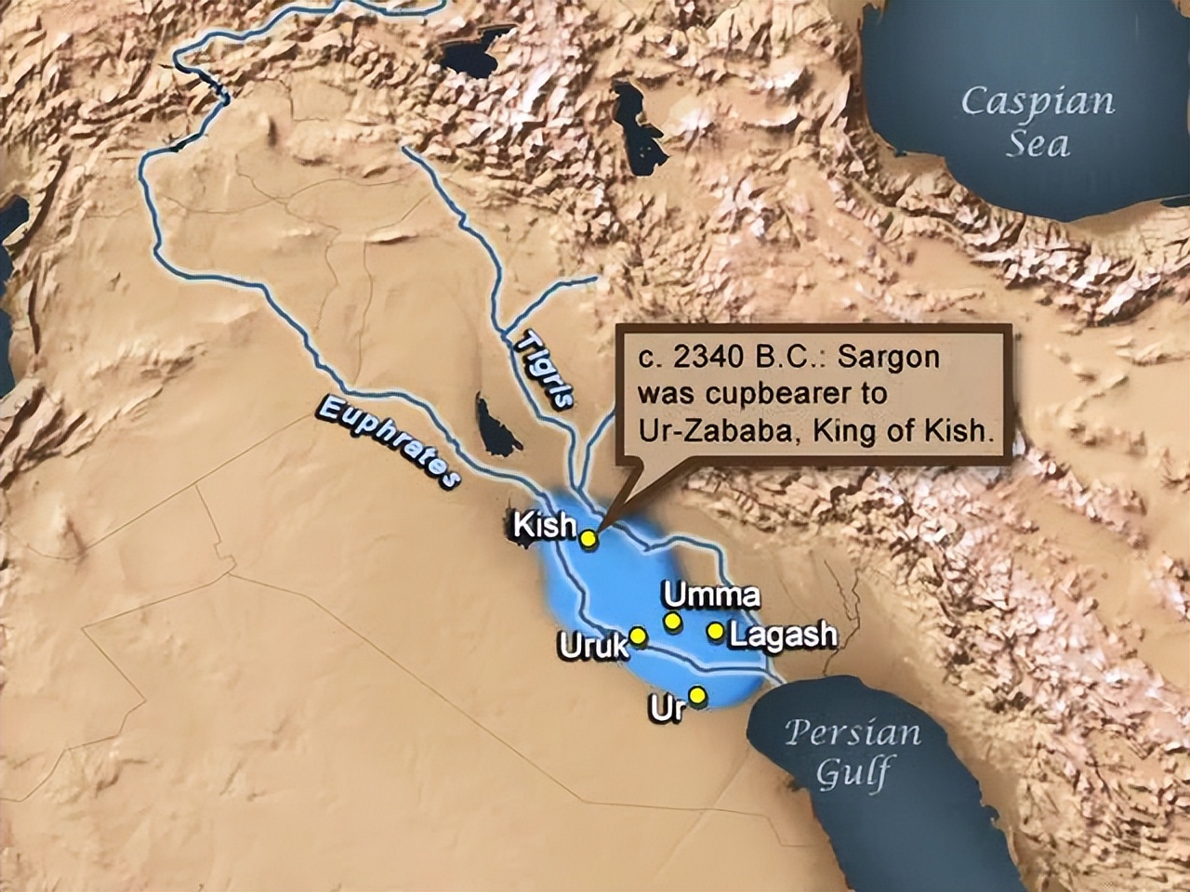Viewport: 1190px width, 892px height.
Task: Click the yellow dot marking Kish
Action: pos(588,537)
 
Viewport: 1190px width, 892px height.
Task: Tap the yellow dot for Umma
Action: pos(671,620)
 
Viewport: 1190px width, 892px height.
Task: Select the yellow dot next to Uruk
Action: pos(638,635)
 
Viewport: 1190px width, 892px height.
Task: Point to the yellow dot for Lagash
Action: pos(715,631)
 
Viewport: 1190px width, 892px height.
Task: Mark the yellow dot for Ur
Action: pos(697,696)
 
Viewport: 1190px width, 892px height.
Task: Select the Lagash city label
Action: pos(783,636)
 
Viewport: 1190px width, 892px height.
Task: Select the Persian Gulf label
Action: pos(852,751)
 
